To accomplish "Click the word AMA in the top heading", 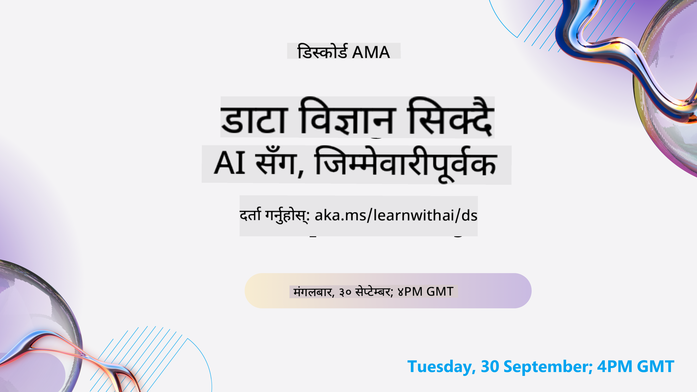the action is (x=371, y=52).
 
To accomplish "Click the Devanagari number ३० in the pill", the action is (x=345, y=292).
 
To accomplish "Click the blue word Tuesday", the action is (x=441, y=367).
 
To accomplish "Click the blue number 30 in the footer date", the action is (x=490, y=367).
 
